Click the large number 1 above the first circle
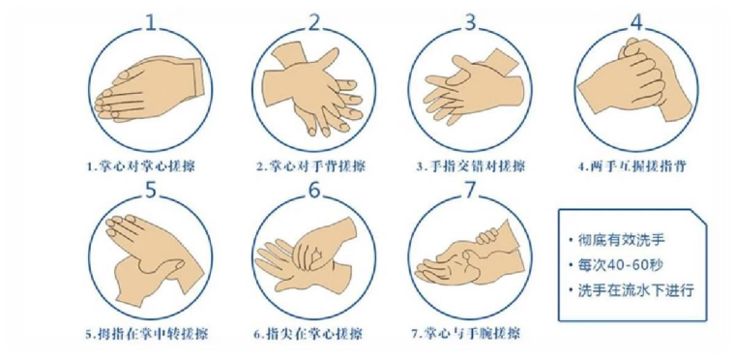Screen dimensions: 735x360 pyautogui.click(x=150, y=22)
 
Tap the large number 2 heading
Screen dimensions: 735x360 pyautogui.click(x=313, y=22)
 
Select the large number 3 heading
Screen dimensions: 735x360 pyautogui.click(x=470, y=22)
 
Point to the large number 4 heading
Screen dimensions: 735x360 pyautogui.click(x=636, y=22)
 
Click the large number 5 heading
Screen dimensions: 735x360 pyautogui.click(x=150, y=191)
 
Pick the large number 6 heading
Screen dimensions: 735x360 pyautogui.click(x=313, y=191)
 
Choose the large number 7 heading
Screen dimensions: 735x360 pyautogui.click(x=470, y=191)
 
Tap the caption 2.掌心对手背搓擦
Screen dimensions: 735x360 pyautogui.click(x=310, y=166)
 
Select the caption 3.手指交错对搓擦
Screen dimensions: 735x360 pyautogui.click(x=471, y=166)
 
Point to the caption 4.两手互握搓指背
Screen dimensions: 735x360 pyautogui.click(x=632, y=166)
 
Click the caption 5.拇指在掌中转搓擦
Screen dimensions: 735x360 pyautogui.click(x=146, y=335)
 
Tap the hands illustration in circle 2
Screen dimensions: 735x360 pyautogui.click(x=313, y=89)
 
